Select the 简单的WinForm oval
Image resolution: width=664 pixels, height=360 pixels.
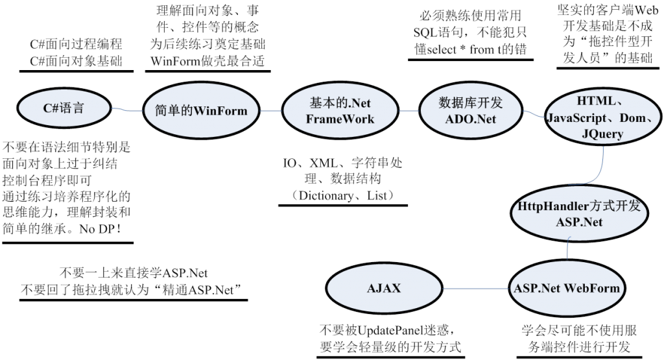pyautogui.click(x=202, y=111)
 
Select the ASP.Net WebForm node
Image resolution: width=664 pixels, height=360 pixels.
pyautogui.click(x=566, y=288)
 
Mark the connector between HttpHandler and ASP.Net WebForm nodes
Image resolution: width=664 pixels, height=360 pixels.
pyautogui.click(x=569, y=250)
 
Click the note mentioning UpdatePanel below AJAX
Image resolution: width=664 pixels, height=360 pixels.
pyautogui.click(x=390, y=337)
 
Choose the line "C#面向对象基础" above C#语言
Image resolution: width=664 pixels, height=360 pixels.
pyautogui.click(x=76, y=62)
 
